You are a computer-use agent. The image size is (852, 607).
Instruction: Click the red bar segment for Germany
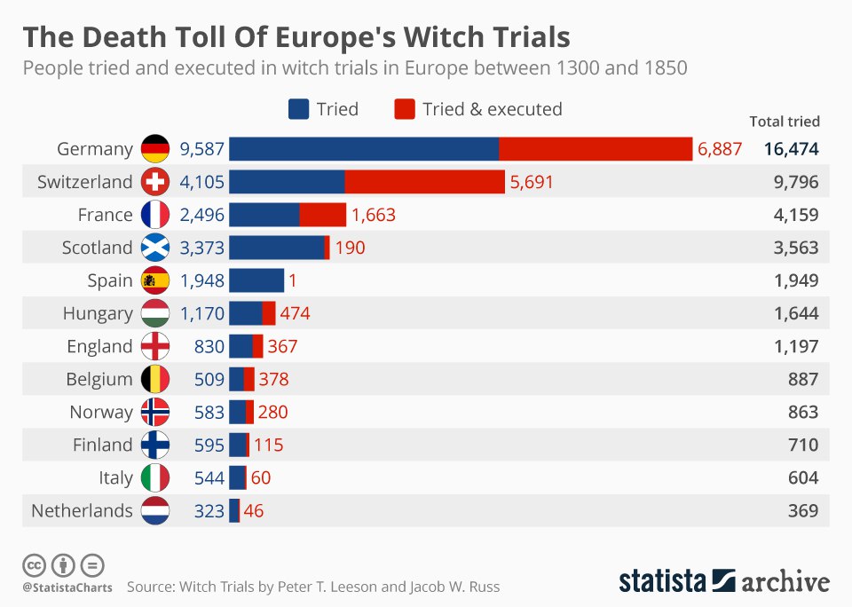coord(595,149)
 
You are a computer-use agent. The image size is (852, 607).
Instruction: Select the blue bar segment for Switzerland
coord(287,182)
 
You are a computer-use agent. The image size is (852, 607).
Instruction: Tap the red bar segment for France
coord(323,215)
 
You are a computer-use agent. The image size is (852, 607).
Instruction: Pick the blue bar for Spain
coord(256,280)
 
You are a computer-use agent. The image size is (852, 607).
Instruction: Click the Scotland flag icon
coord(154,248)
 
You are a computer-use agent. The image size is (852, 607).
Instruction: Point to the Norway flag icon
coord(154,412)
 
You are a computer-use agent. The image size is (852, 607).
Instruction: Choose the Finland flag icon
coord(154,445)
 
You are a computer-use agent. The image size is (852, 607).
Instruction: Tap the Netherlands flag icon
coord(154,510)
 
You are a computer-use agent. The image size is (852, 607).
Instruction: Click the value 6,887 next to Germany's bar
coord(720,149)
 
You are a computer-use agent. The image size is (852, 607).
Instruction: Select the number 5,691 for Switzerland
coord(532,182)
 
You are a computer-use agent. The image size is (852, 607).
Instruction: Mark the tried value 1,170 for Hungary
coord(201,313)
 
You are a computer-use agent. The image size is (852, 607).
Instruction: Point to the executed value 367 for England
coord(282,346)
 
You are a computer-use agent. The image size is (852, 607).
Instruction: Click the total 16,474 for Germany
coord(791,149)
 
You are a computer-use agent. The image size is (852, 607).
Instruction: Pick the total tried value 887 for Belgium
coord(802,379)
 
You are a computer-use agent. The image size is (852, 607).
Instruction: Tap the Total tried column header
coord(785,122)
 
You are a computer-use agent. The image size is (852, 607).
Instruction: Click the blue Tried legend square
coord(298,109)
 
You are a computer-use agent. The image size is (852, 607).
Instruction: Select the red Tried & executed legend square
coord(405,109)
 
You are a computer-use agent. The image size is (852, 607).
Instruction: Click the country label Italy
coord(115,477)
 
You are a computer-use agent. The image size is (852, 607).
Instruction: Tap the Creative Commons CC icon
coord(34,564)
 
